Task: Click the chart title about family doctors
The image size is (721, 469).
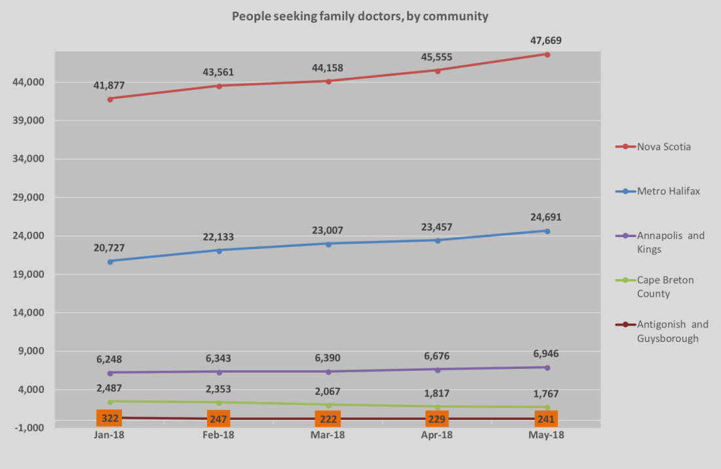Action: point(360,16)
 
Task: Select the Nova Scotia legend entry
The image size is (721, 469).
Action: point(663,147)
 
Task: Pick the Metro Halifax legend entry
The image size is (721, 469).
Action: point(669,191)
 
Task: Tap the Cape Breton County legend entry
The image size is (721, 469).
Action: point(665,287)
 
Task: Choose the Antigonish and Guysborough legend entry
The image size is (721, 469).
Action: point(672,331)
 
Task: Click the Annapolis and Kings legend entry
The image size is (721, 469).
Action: point(671,242)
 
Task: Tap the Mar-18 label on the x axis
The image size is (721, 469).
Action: point(328,435)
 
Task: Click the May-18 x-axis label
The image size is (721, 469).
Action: point(547,435)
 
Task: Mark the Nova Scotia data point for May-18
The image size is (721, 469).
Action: point(547,54)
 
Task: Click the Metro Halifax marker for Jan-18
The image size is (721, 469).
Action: point(110,261)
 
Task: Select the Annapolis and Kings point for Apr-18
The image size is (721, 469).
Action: point(438,369)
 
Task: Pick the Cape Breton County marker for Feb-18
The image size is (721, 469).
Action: point(220,403)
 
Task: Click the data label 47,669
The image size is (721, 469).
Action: point(546,41)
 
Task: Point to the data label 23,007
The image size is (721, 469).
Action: point(328,231)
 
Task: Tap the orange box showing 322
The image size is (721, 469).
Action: point(109,418)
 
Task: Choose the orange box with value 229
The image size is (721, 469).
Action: point(437,419)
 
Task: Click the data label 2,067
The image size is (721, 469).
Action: point(328,391)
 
